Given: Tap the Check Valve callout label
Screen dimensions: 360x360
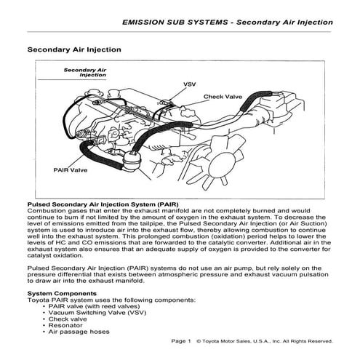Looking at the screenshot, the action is click(x=223, y=96).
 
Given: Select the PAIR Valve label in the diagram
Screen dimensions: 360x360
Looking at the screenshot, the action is click(x=71, y=169).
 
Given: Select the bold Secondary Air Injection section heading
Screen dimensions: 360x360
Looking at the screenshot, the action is click(x=73, y=50).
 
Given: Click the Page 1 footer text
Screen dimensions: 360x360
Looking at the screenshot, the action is click(x=180, y=340).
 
